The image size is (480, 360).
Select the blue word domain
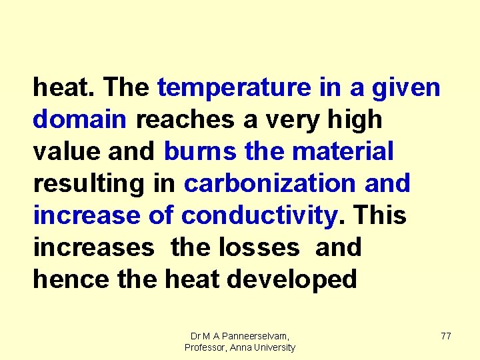[79, 120]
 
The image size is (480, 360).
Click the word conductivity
[260, 216]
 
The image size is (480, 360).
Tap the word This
[380, 216]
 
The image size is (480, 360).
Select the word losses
[258, 248]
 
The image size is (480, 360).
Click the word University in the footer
[273, 348]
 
